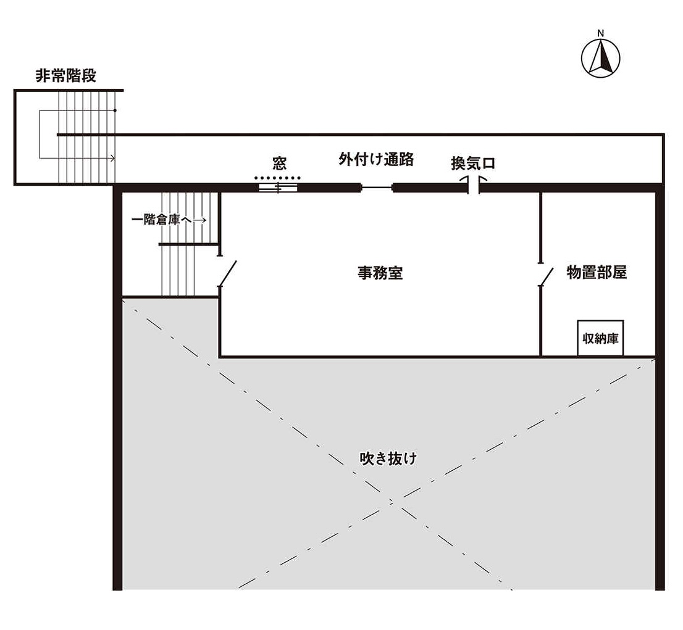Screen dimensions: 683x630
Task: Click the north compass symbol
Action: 600,59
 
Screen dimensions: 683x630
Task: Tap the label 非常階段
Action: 65,76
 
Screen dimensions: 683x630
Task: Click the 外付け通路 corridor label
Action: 375,159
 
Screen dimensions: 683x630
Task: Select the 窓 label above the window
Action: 280,164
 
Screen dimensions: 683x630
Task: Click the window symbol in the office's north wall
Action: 279,188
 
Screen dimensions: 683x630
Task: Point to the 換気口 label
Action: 473,164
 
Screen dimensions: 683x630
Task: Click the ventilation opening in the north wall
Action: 474,184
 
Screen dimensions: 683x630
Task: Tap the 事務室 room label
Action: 380,273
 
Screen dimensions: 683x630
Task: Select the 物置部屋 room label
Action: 597,273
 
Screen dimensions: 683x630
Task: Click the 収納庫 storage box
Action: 600,338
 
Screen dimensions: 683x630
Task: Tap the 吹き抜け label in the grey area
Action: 388,459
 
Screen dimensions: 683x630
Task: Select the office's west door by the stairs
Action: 227,273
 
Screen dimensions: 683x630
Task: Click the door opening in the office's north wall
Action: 377,188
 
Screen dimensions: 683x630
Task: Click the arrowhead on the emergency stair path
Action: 112,159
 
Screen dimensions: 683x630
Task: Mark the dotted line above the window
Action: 277,177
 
